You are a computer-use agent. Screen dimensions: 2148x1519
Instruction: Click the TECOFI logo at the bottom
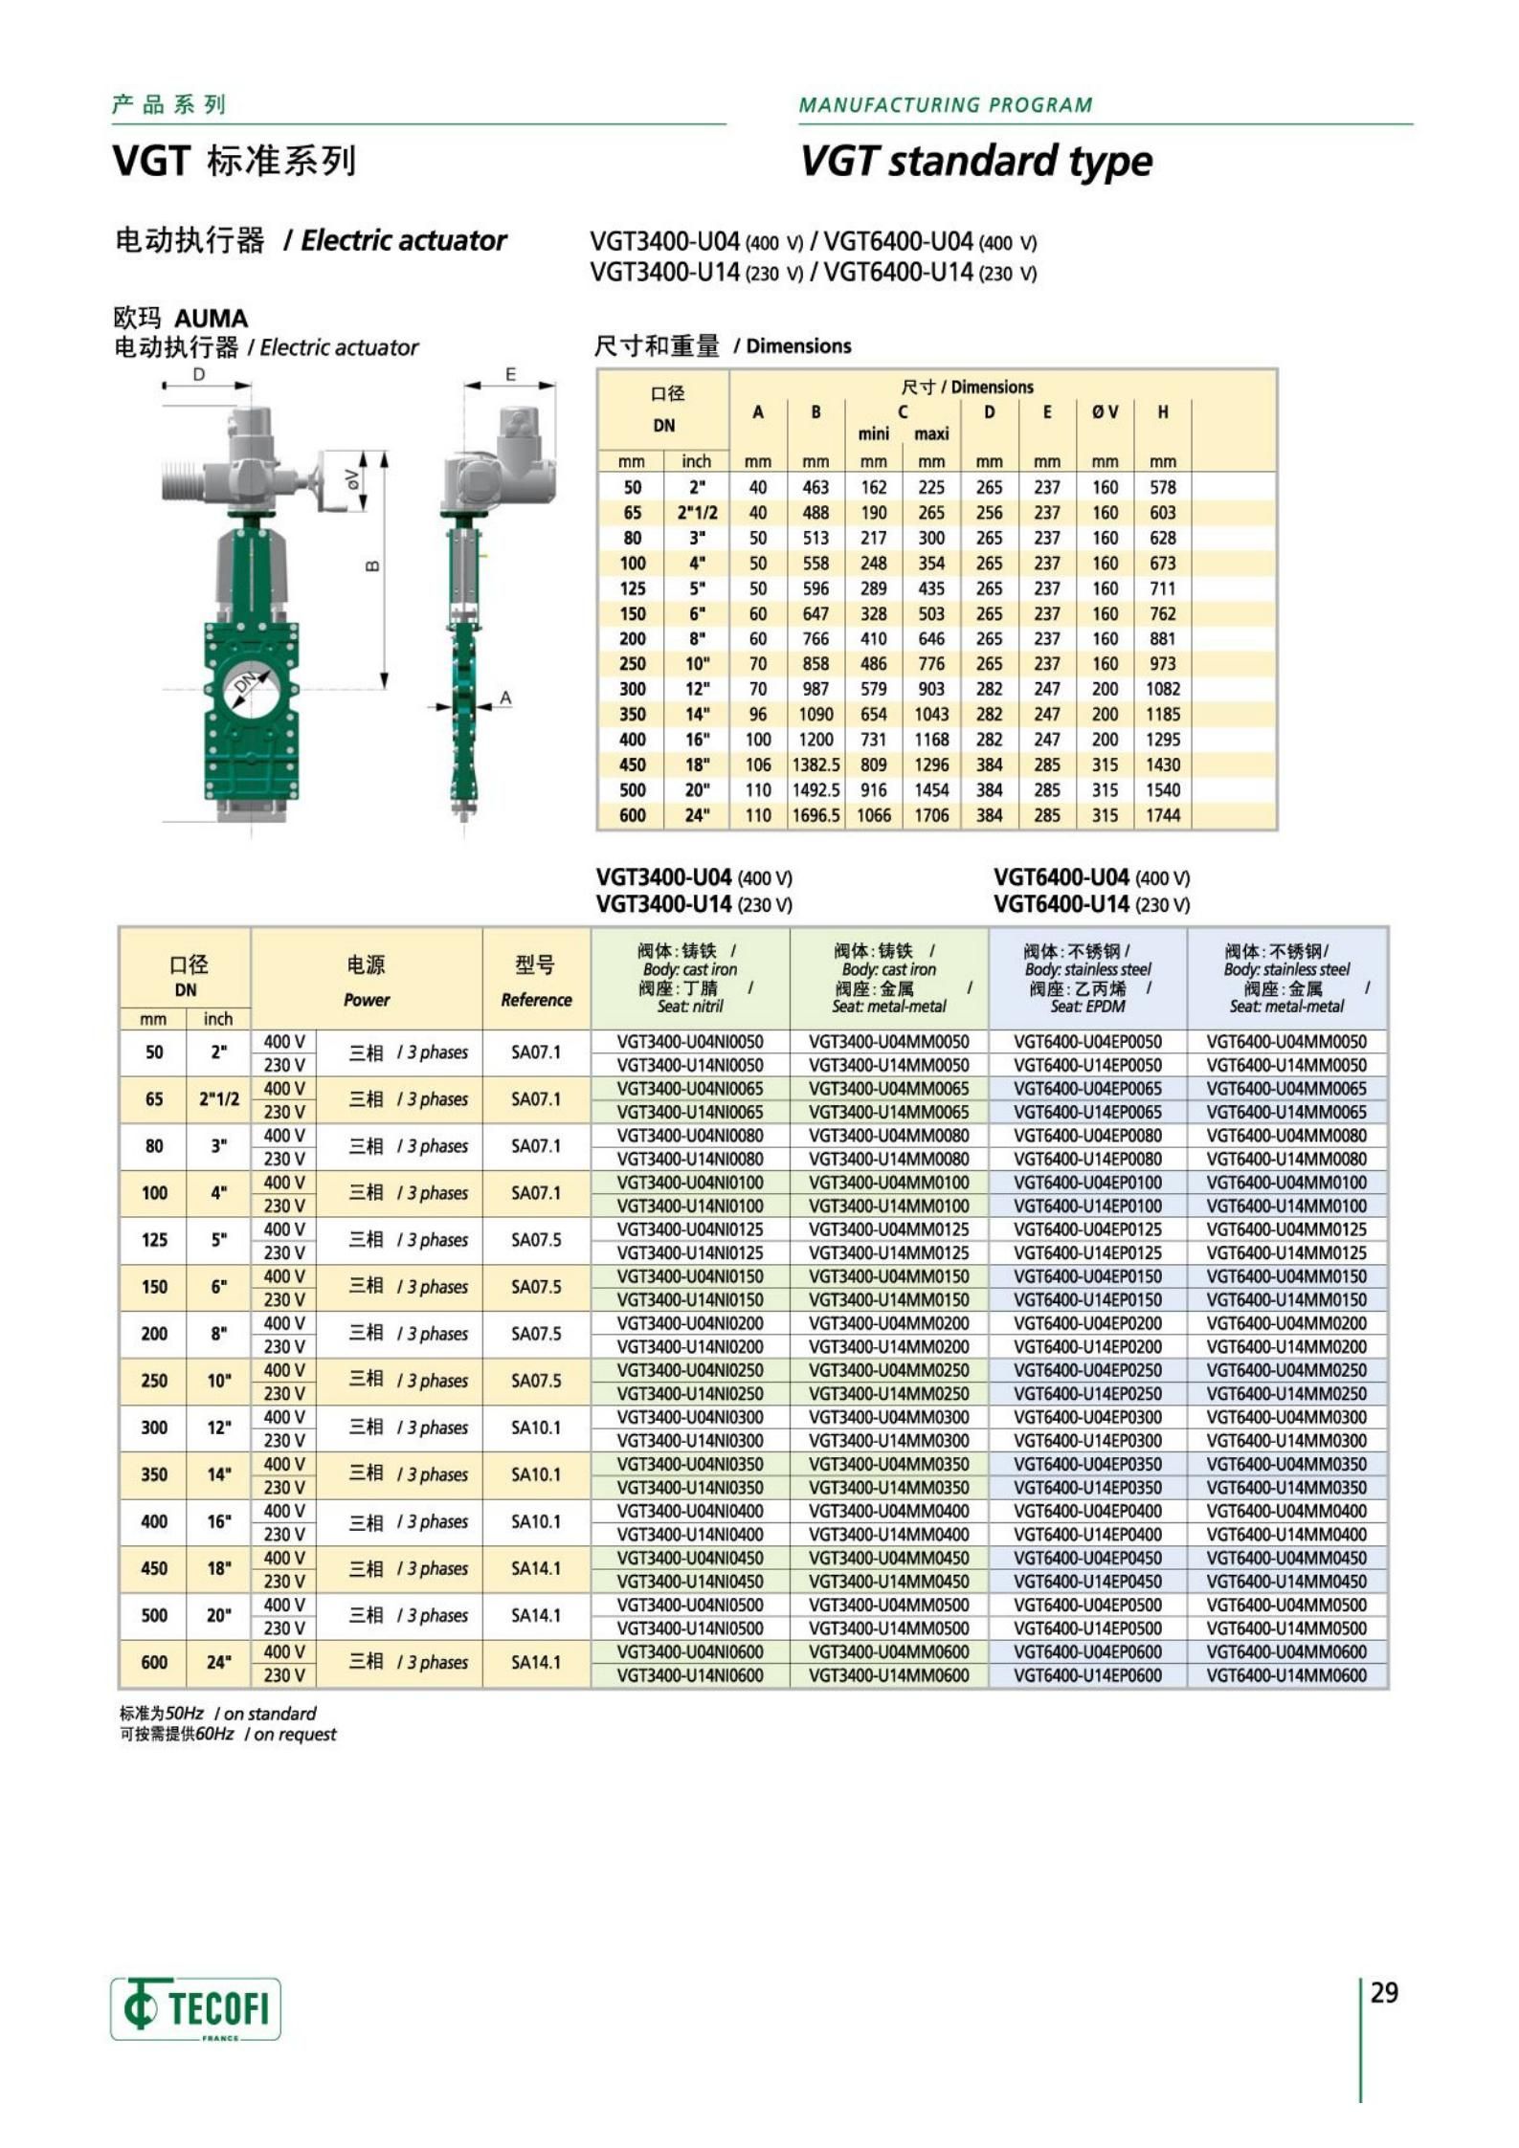195,2007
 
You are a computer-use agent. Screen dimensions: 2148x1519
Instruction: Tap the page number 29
1383,1993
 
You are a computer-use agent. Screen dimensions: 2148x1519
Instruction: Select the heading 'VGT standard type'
975,161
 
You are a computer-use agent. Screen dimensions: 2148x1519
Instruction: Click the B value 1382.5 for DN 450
815,764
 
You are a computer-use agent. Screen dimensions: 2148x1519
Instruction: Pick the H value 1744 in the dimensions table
1162,815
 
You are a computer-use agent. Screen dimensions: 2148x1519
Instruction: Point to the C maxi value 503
930,613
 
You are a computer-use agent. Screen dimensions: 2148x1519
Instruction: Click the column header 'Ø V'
1105,412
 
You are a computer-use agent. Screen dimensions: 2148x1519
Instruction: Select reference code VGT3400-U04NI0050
689,1041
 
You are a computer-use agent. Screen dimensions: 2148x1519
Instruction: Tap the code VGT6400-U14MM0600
1286,1675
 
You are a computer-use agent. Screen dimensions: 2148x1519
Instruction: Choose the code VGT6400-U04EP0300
1087,1417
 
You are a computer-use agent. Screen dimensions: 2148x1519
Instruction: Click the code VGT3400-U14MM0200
888,1346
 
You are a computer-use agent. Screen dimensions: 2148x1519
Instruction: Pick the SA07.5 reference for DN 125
535,1240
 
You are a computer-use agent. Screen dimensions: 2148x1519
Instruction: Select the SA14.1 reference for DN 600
535,1663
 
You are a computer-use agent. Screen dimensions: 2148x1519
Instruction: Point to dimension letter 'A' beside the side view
505,698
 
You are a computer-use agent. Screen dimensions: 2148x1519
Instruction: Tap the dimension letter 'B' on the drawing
373,566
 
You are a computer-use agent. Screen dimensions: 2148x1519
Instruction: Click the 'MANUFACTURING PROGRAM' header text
945,105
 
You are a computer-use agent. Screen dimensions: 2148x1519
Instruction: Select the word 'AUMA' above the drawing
212,319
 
